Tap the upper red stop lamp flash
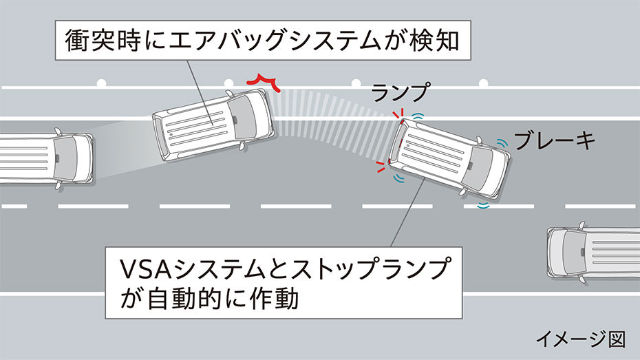point(398,115)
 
